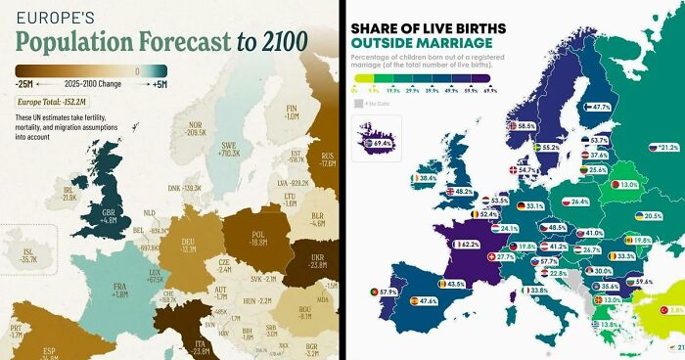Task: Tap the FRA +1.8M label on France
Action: coord(120,289)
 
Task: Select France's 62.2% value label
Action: coord(469,245)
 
